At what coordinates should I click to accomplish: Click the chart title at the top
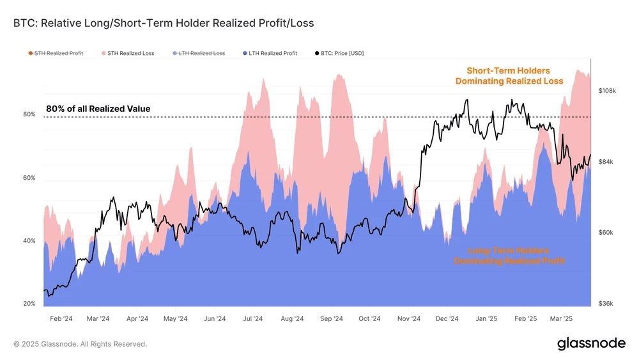click(164, 23)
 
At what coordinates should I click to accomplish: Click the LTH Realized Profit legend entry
click(268, 53)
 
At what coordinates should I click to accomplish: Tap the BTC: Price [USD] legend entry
click(339, 53)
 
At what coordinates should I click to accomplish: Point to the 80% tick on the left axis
click(29, 114)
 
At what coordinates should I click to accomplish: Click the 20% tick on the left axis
click(29, 303)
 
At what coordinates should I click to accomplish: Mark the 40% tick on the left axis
click(29, 240)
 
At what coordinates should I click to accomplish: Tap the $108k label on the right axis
click(606, 91)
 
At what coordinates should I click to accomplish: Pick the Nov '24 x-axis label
click(408, 318)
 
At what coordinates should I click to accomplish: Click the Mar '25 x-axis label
click(560, 318)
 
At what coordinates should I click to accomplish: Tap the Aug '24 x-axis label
click(292, 318)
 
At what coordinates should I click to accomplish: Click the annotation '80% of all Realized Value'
click(98, 109)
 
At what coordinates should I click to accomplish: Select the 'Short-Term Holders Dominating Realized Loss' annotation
click(509, 75)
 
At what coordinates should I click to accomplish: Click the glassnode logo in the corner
click(591, 343)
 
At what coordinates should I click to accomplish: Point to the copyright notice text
click(80, 344)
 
